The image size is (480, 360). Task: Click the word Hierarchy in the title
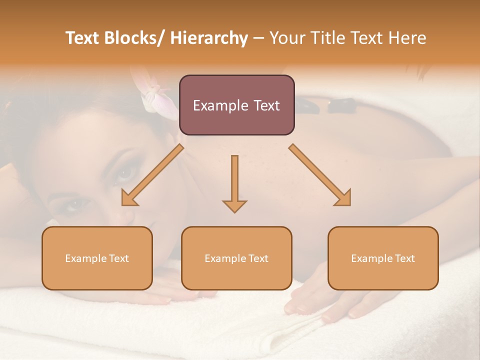point(209,38)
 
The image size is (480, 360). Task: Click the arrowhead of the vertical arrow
point(234,206)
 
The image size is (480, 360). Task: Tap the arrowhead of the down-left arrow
point(128,199)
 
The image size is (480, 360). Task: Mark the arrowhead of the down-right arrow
point(344,199)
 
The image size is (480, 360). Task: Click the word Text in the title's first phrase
point(83,38)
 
